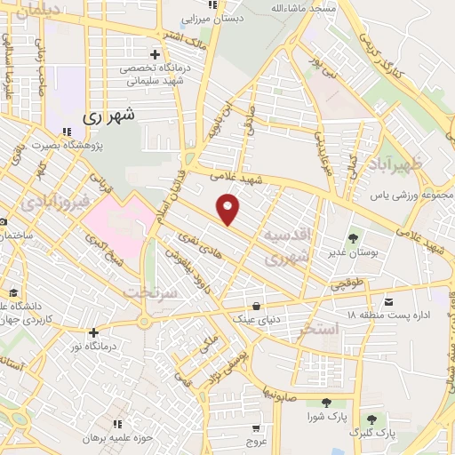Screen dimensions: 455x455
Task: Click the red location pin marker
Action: click(x=229, y=209)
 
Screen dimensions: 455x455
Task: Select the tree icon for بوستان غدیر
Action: click(x=354, y=237)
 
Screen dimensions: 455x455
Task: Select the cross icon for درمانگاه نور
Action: click(x=93, y=332)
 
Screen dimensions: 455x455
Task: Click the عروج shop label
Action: click(x=257, y=442)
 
